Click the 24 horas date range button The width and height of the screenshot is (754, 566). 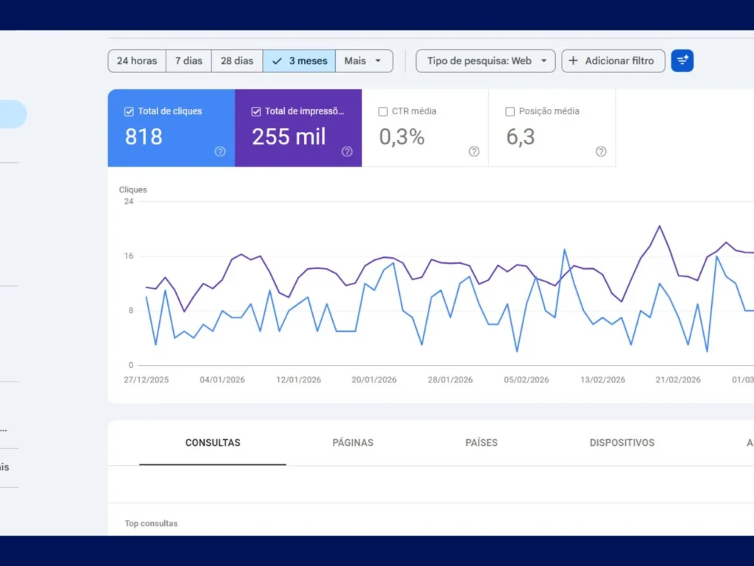pyautogui.click(x=137, y=61)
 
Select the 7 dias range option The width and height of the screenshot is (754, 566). pyautogui.click(x=188, y=61)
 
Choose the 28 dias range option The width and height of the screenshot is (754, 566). pyautogui.click(x=237, y=61)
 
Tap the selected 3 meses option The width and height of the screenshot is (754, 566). pyautogui.click(x=300, y=61)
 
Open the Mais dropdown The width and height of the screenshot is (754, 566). pyautogui.click(x=364, y=61)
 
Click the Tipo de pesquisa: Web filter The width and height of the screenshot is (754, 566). pyautogui.click(x=485, y=61)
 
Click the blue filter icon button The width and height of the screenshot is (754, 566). pyautogui.click(x=682, y=61)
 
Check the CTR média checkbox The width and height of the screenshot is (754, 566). pyautogui.click(x=383, y=111)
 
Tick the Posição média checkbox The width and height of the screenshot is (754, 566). pyautogui.click(x=510, y=111)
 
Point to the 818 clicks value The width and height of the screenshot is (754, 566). pyautogui.click(x=144, y=137)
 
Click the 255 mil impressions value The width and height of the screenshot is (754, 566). pyautogui.click(x=289, y=137)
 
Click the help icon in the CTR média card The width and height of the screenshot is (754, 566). pyautogui.click(x=473, y=152)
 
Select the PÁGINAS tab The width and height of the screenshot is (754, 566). pyautogui.click(x=353, y=443)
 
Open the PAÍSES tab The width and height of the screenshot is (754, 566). pyautogui.click(x=482, y=443)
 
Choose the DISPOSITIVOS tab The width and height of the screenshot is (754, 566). pyautogui.click(x=622, y=443)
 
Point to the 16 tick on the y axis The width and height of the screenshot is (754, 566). pyautogui.click(x=129, y=256)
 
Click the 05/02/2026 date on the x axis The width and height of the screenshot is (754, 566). pyautogui.click(x=526, y=380)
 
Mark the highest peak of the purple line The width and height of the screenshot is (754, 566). pyautogui.click(x=659, y=226)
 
